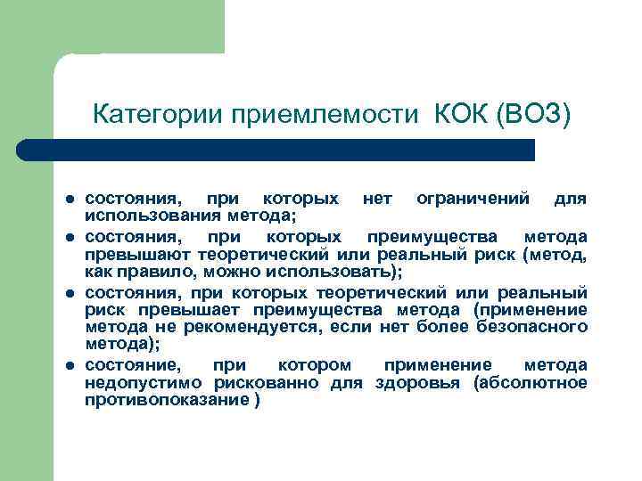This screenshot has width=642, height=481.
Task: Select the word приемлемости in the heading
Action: pos(323,115)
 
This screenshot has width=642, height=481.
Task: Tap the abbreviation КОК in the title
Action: pos(460,115)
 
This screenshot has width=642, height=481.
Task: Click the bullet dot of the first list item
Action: pos(68,198)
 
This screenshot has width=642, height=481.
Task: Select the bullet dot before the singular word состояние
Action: pos(68,366)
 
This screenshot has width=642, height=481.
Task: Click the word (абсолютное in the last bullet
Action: pos(531,383)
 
